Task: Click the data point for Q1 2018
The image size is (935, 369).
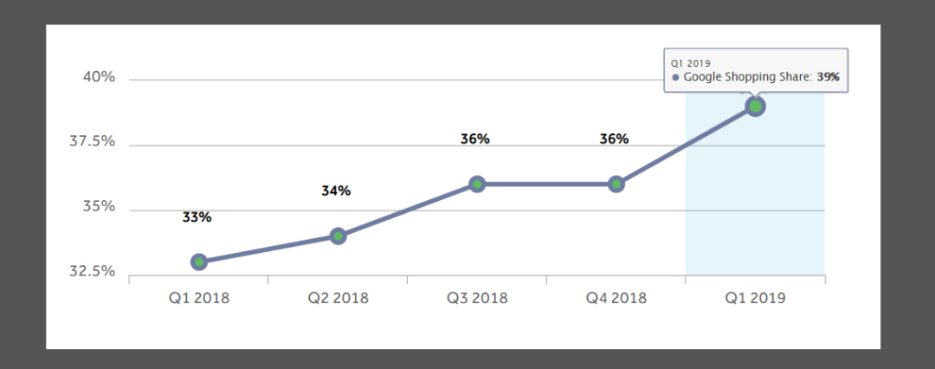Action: click(199, 262)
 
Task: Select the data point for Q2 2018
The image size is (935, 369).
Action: click(338, 236)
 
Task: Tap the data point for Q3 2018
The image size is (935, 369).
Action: click(477, 184)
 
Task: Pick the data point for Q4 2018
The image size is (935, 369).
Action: click(616, 184)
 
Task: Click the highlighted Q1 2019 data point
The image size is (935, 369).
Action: click(755, 107)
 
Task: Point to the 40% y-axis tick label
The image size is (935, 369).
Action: click(98, 77)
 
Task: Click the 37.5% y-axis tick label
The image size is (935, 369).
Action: click(92, 141)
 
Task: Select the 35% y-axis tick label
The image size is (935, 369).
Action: click(98, 206)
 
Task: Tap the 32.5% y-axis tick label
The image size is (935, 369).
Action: click(92, 271)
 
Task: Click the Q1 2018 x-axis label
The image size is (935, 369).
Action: click(199, 298)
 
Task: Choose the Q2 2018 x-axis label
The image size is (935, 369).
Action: click(338, 298)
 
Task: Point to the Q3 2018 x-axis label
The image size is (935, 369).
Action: click(477, 298)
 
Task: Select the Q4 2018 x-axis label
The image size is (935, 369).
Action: click(616, 298)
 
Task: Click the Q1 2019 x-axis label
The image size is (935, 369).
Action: click(755, 298)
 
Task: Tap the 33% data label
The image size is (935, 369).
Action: click(197, 217)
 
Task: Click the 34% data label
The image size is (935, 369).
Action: click(336, 191)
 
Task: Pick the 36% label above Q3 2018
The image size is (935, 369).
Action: click(475, 139)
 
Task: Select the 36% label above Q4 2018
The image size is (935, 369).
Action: click(614, 139)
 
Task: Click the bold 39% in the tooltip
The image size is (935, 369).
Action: click(829, 77)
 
